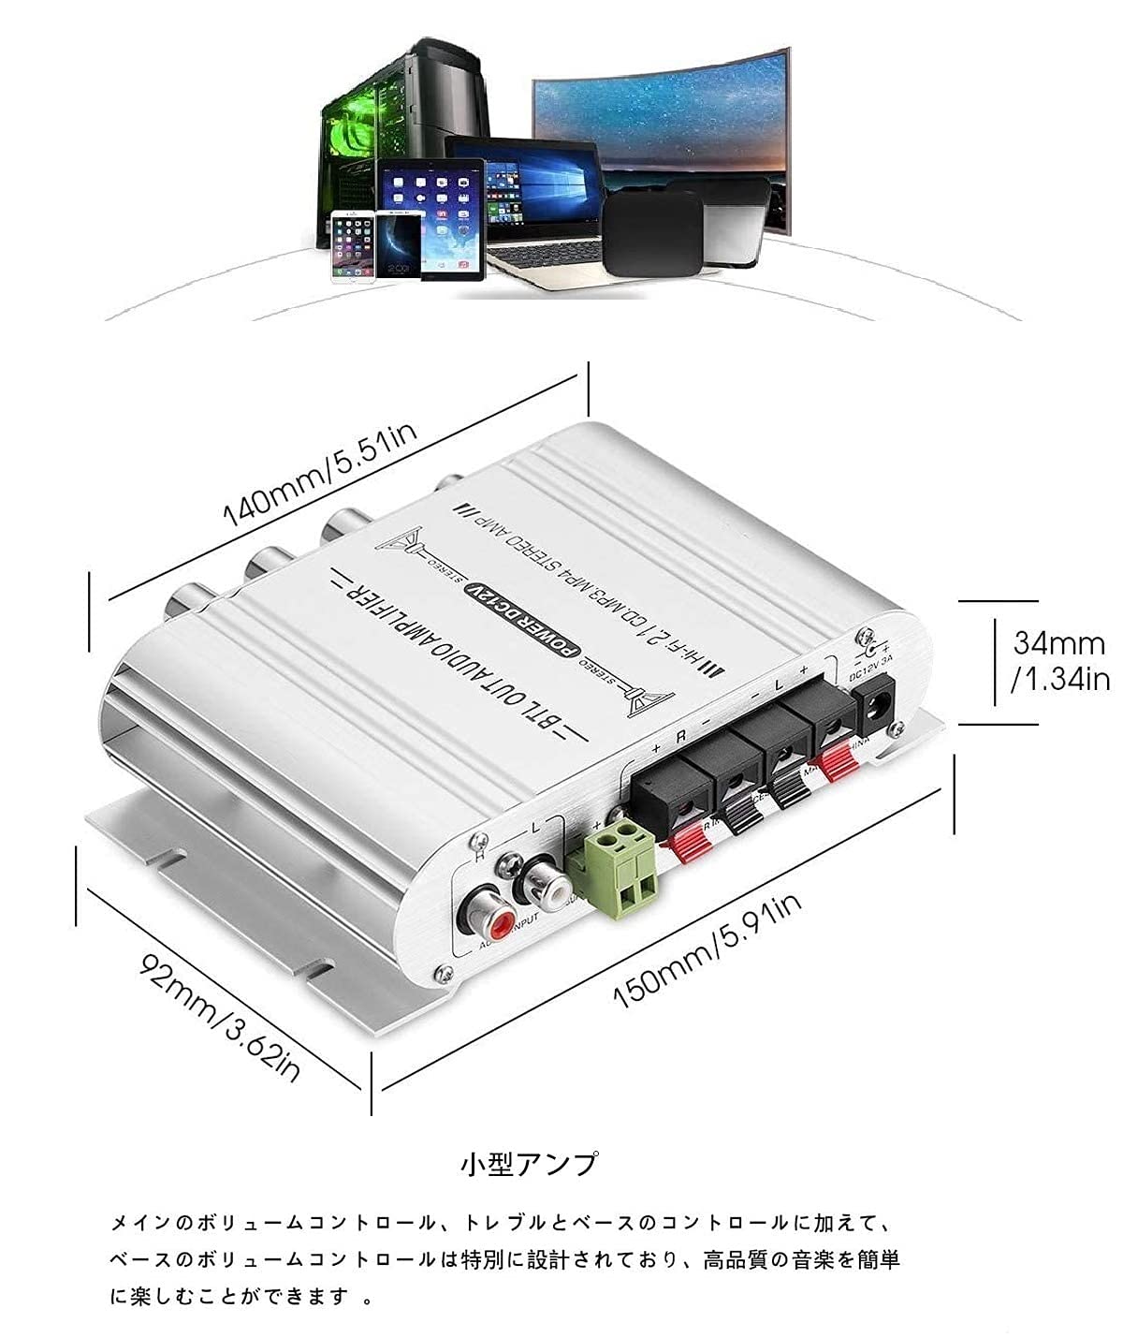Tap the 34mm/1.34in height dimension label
pyautogui.click(x=1060, y=660)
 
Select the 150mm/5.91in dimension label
pyautogui.click(x=707, y=949)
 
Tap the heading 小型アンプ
pyautogui.click(x=529, y=1164)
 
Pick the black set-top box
pyautogui.click(x=652, y=234)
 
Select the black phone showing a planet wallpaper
pyautogui.click(x=399, y=244)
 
